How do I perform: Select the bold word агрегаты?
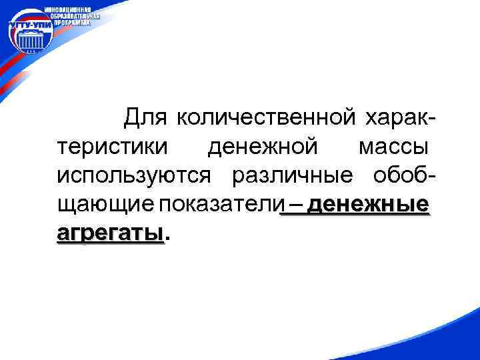pos(110,233)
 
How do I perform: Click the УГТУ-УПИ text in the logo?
pos(31,25)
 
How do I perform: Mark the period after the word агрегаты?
pos(167,237)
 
